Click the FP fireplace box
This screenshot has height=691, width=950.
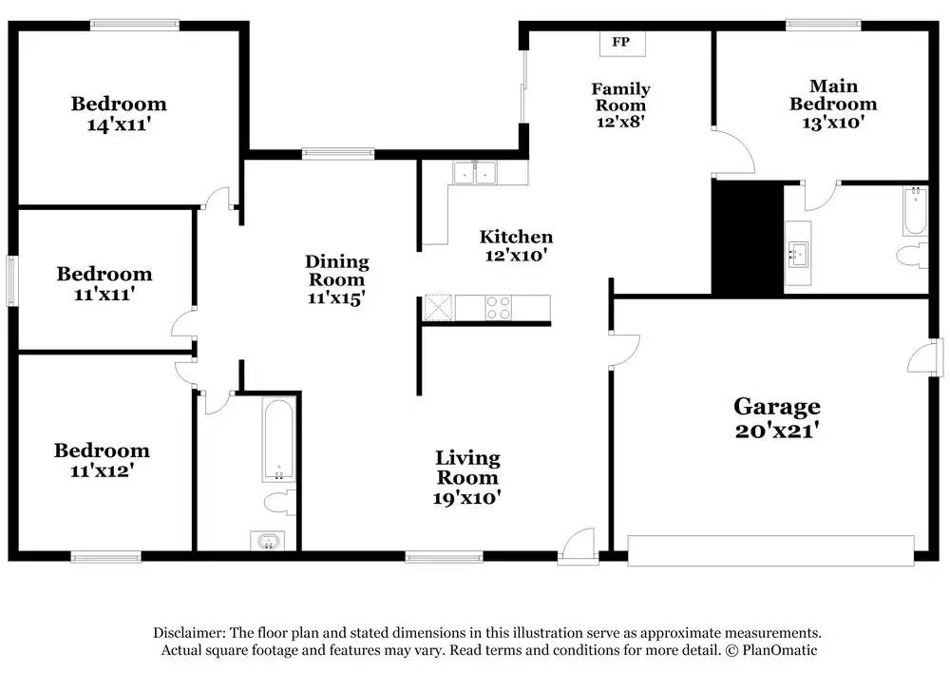pyautogui.click(x=622, y=43)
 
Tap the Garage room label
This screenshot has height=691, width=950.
pyautogui.click(x=777, y=406)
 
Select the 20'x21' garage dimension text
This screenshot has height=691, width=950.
pyautogui.click(x=777, y=431)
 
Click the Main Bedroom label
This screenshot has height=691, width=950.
pyautogui.click(x=833, y=95)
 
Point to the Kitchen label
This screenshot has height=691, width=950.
pyautogui.click(x=516, y=237)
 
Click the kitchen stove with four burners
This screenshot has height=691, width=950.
pyautogui.click(x=499, y=307)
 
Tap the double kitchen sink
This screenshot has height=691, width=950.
pyautogui.click(x=475, y=173)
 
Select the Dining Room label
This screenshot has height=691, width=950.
pyautogui.click(x=337, y=270)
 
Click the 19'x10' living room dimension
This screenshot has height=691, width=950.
pyautogui.click(x=466, y=498)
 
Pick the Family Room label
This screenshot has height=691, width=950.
pyautogui.click(x=620, y=97)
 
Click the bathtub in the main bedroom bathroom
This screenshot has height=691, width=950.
pyautogui.click(x=915, y=212)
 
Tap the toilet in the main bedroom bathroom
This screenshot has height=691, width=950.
pyautogui.click(x=912, y=255)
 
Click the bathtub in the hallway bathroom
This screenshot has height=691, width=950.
pyautogui.click(x=278, y=440)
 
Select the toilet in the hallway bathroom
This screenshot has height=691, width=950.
pyautogui.click(x=280, y=503)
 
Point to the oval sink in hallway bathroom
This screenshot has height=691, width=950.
pyautogui.click(x=267, y=541)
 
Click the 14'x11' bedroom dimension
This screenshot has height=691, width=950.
pyautogui.click(x=119, y=125)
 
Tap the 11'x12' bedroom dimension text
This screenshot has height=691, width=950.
pyautogui.click(x=102, y=471)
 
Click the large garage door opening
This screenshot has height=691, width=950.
pyautogui.click(x=770, y=550)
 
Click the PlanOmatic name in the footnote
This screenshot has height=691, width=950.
pyautogui.click(x=780, y=650)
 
